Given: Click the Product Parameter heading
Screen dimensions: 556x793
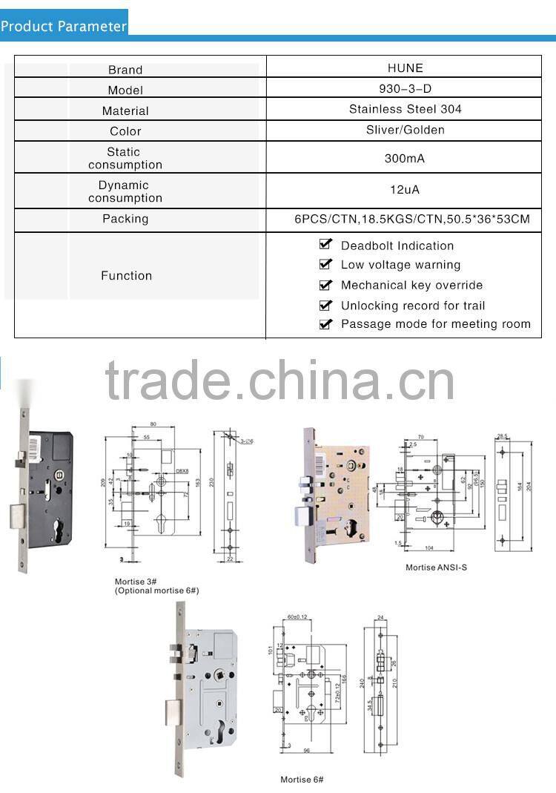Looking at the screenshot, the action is (x=64, y=26).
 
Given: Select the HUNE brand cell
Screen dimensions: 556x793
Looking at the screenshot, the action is (x=405, y=68).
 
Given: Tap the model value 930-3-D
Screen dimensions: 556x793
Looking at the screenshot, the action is (x=405, y=88).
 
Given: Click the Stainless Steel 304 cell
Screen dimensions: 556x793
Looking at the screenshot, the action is (x=405, y=109).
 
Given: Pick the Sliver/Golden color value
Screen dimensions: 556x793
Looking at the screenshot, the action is (x=405, y=130).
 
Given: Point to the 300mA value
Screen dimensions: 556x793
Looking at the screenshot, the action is (x=405, y=159).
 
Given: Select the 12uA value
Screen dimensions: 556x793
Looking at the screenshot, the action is (x=405, y=190).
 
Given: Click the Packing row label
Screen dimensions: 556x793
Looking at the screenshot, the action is (x=125, y=219).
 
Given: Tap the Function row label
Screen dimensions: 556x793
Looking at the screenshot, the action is (x=126, y=275).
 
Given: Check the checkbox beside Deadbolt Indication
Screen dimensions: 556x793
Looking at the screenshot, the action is (x=325, y=244).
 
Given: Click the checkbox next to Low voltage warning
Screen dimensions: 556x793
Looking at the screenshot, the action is (x=325, y=263).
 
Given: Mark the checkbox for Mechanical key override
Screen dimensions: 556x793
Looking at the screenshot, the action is (x=325, y=284).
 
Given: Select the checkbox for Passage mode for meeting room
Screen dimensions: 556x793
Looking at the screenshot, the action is (x=325, y=323).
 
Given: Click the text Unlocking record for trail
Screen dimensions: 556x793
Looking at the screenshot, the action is (x=412, y=306).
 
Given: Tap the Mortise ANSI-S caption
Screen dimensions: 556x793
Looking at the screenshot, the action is (x=436, y=567).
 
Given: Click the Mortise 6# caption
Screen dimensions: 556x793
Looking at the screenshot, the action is (x=302, y=780).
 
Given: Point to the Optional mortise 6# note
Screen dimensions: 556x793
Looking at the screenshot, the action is (x=156, y=590).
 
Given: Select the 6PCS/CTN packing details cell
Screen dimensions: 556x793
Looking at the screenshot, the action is (x=412, y=220).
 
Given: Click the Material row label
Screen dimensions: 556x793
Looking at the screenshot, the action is (x=125, y=111).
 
